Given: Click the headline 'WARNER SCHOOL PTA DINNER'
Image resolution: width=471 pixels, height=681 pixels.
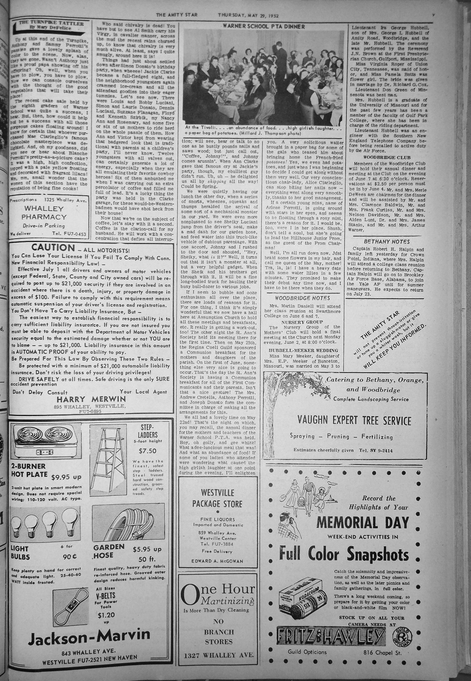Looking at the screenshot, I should tap(264, 26).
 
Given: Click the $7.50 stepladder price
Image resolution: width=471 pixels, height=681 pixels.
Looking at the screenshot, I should tap(148, 451).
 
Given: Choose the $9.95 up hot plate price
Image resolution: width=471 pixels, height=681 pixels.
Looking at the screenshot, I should tap(68, 477).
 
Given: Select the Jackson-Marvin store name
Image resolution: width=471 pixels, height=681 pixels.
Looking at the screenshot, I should tap(90, 636).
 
